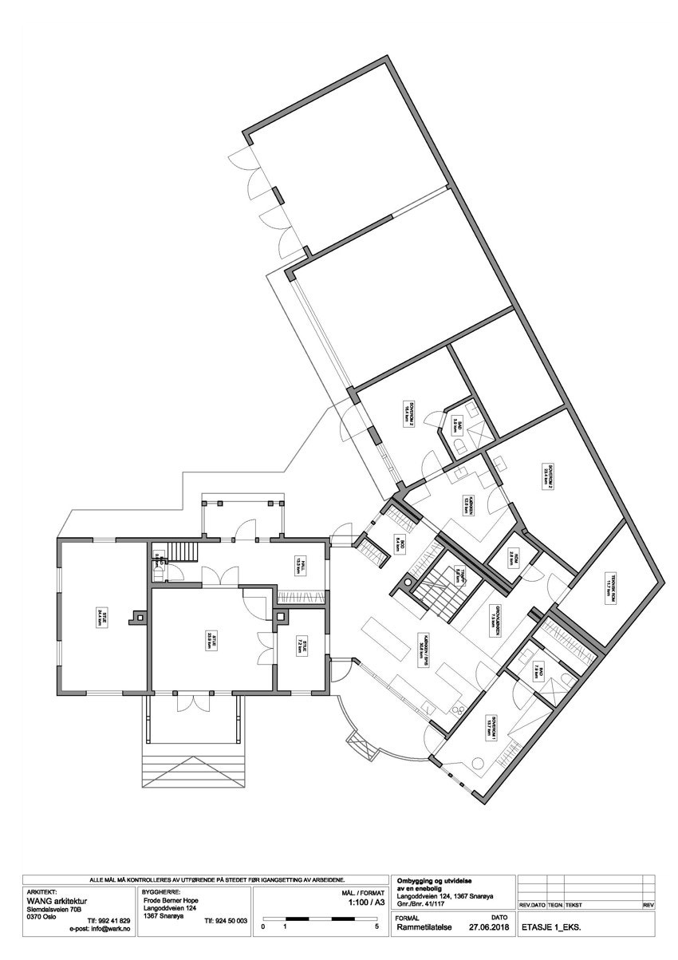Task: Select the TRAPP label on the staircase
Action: tap(458, 577)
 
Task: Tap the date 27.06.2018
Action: tap(488, 928)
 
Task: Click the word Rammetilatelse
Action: tap(424, 928)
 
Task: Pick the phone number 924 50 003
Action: tap(226, 921)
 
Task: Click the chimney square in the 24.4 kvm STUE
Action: tap(140, 617)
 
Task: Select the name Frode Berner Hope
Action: tap(171, 899)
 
